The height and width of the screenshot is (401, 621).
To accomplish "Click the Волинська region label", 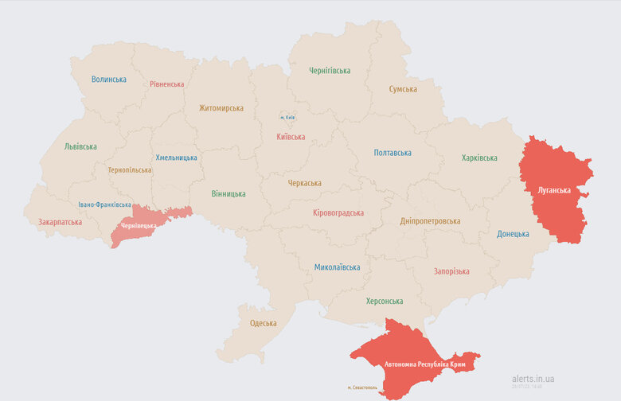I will tap(108, 80).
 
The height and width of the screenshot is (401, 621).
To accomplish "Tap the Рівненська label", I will tap(166, 84).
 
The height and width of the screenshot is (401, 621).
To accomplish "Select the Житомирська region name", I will tap(221, 108).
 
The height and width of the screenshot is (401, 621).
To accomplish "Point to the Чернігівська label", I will tap(330, 71).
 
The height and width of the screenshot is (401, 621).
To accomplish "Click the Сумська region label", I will tap(403, 89).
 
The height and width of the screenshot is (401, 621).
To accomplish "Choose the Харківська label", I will tap(478, 158).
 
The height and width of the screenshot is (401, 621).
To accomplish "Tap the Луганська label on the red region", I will tap(553, 191).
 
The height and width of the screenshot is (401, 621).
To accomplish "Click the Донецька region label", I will tap(513, 234).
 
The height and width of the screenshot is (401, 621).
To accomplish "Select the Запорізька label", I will tap(451, 271).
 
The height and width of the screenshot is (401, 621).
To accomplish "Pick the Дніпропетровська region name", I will tap(430, 221).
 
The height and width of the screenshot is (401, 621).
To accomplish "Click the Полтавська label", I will tap(393, 153).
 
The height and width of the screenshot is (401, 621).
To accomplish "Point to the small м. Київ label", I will tap(287, 118).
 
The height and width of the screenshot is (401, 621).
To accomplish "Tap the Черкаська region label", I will tap(304, 183).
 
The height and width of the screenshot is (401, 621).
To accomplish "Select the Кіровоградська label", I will tap(338, 213).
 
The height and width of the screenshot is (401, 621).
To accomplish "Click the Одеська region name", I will tap(263, 323).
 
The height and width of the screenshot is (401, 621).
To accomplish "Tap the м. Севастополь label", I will tap(363, 388).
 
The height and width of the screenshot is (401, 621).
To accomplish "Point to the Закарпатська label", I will tap(60, 222).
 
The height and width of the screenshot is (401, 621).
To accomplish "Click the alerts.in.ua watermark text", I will tap(533, 379).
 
